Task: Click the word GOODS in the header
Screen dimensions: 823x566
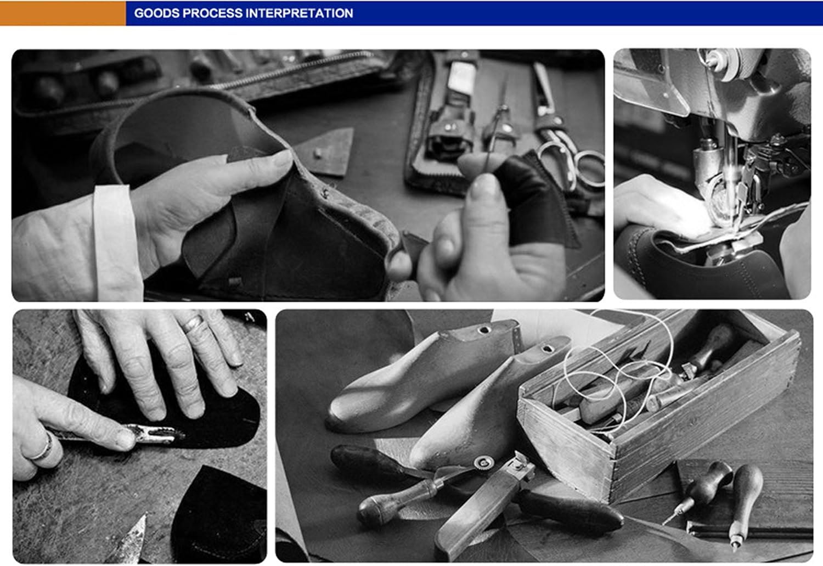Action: pos(157,13)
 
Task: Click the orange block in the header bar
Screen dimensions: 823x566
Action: pos(63,13)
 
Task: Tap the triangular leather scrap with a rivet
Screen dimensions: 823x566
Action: pos(325,153)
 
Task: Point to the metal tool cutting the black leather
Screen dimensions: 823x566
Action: pos(151,434)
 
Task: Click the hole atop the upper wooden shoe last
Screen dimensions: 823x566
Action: pos(484,330)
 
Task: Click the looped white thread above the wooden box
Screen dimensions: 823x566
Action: pos(617,375)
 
